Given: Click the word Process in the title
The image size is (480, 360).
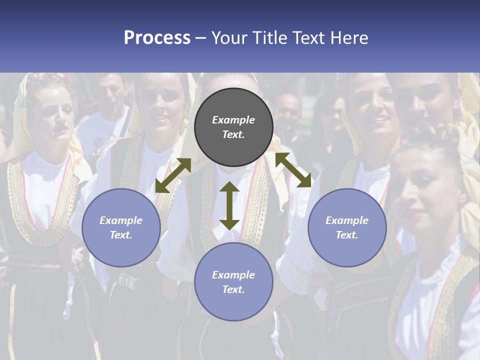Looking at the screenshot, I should pyautogui.click(x=157, y=38).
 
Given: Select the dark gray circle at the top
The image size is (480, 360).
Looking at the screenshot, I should pyautogui.click(x=233, y=127).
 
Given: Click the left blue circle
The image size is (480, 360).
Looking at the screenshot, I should pyautogui.click(x=121, y=227).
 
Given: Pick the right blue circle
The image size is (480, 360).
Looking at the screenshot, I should pyautogui.click(x=347, y=227).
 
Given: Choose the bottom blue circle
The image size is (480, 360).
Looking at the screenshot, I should pyautogui.click(x=233, y=282).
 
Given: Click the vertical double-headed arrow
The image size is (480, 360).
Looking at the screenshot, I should pyautogui.click(x=229, y=205).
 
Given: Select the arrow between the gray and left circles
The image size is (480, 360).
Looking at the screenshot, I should pyautogui.click(x=173, y=175).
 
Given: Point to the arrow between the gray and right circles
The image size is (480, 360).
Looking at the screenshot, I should pyautogui.click(x=293, y=170).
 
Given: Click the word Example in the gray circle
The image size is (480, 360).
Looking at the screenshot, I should pyautogui.click(x=233, y=120).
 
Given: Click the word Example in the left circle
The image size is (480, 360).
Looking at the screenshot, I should pyautogui.click(x=121, y=220).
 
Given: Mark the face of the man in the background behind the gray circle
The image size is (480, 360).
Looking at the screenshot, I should pyautogui.click(x=289, y=112).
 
